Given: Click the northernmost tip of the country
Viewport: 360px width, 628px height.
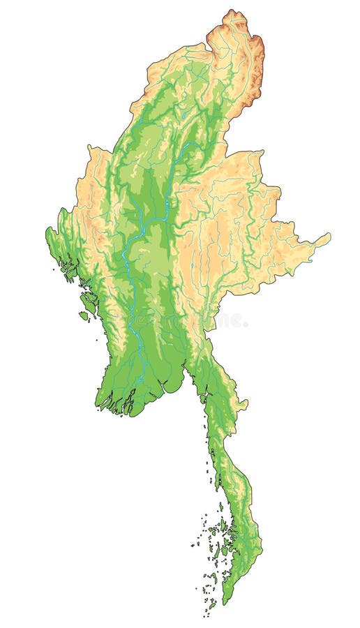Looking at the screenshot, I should (x=232, y=10).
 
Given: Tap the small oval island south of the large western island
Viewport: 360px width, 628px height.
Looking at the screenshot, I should (x=83, y=315).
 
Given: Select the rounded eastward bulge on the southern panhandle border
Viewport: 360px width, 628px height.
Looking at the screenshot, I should (x=242, y=403).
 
